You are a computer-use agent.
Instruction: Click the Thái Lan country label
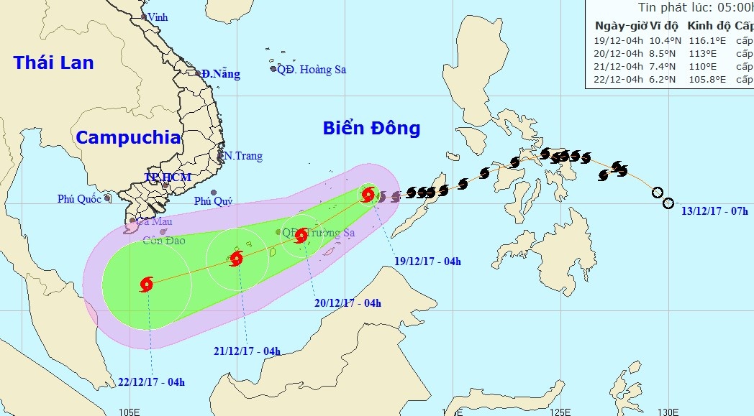coord(54,63)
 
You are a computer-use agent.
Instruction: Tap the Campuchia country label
coord(128,137)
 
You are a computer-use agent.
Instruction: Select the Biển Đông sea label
coord(371,129)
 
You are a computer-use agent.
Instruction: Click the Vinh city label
coord(158,17)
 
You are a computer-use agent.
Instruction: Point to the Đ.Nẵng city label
coord(220,74)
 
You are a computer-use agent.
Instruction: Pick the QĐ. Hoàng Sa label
coord(312,70)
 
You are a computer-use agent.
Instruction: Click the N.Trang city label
coord(243,156)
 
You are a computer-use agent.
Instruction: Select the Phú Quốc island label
coord(80,199)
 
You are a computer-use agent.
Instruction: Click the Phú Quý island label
coord(213,201)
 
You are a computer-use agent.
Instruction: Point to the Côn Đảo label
coord(164,241)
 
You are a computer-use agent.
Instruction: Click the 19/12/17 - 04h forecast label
coord(427,261)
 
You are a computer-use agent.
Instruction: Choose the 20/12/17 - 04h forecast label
coord(348,302)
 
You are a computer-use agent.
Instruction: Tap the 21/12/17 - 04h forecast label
coord(247,351)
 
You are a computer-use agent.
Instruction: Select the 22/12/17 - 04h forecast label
coord(150,381)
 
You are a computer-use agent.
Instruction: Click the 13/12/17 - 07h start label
coord(716,212)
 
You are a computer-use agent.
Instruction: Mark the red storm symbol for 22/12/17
coord(147,284)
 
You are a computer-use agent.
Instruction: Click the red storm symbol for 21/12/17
coord(237,259)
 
